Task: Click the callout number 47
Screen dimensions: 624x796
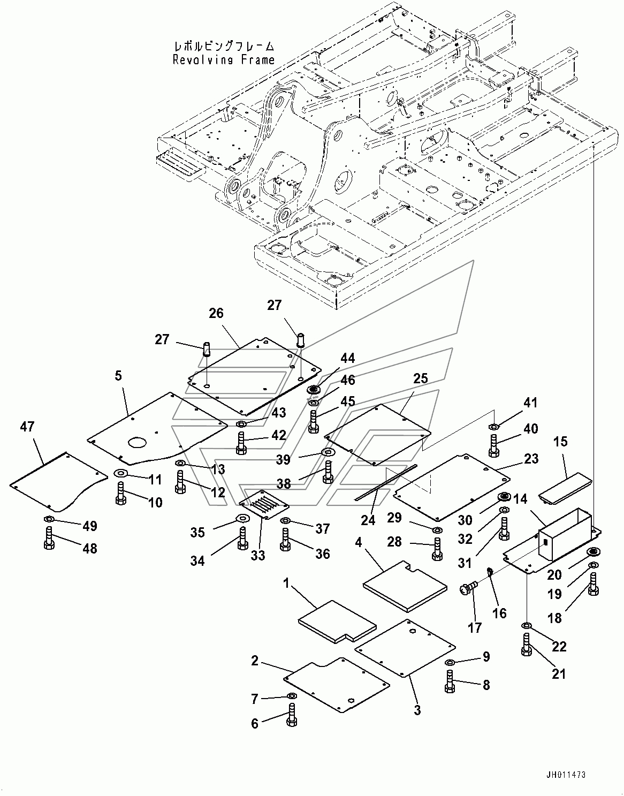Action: click(x=27, y=427)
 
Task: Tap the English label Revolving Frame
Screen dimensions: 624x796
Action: click(x=224, y=59)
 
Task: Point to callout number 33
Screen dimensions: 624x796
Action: click(x=258, y=555)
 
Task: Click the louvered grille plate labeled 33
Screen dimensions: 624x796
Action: click(x=264, y=504)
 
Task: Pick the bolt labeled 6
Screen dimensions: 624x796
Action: click(x=292, y=715)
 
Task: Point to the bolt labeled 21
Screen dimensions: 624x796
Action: click(x=527, y=645)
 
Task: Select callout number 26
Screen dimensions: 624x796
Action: click(x=216, y=313)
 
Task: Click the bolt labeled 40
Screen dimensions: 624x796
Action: click(x=494, y=445)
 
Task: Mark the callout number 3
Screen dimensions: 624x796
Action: click(x=417, y=720)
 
